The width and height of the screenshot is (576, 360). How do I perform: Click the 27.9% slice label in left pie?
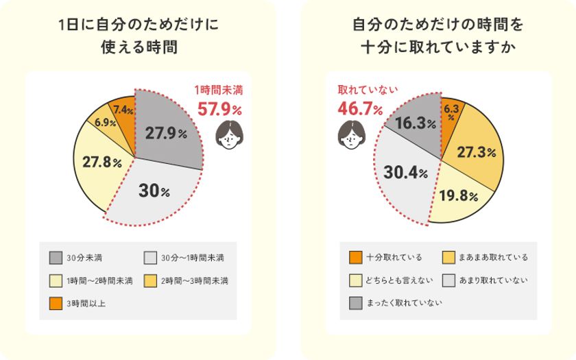(x=166, y=134)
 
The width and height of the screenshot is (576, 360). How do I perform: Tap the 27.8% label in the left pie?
(x=102, y=163)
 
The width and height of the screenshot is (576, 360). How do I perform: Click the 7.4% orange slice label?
(x=123, y=109)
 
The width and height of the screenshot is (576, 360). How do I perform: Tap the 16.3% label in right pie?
(x=415, y=123)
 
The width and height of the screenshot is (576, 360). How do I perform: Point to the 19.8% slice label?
(x=458, y=196)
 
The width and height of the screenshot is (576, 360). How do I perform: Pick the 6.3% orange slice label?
(x=451, y=111)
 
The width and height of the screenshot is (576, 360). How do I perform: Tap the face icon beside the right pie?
(x=349, y=134)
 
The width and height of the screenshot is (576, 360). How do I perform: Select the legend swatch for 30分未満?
(x=56, y=258)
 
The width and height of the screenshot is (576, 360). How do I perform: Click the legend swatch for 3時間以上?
(x=56, y=303)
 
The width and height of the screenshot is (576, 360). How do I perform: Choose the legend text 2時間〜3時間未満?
(x=195, y=281)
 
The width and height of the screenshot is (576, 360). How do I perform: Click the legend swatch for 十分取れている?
(x=355, y=258)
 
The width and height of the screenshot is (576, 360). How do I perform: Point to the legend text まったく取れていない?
(x=405, y=303)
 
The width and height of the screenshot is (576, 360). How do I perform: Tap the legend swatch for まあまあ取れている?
(x=449, y=258)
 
